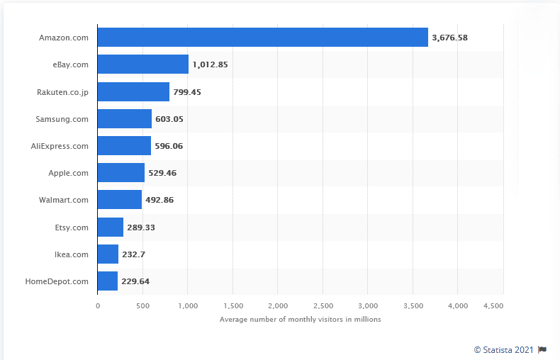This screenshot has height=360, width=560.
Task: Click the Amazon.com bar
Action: [x=262, y=38]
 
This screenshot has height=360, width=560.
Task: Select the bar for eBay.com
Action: [x=142, y=64]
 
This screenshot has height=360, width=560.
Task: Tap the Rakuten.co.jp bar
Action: [x=133, y=91]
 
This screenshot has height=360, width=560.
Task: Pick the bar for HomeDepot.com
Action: [x=108, y=281]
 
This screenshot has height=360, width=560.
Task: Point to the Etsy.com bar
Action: [x=110, y=227]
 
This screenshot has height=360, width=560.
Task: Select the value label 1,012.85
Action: [x=210, y=64]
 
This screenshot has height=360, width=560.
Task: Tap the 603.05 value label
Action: [x=169, y=119]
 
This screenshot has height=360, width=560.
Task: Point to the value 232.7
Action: [x=133, y=254]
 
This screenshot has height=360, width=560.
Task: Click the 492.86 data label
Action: [x=159, y=200]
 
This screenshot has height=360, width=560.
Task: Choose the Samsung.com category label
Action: [x=62, y=119]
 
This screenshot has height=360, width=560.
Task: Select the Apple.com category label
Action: [x=68, y=173]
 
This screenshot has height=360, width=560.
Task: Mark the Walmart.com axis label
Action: [x=64, y=200]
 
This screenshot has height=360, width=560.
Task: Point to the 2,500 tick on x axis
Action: [x=323, y=305]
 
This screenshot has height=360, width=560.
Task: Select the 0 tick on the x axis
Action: [x=98, y=305]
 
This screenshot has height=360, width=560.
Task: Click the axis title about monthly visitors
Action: [x=301, y=320]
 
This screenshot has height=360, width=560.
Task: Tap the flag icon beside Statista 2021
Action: [x=542, y=349]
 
